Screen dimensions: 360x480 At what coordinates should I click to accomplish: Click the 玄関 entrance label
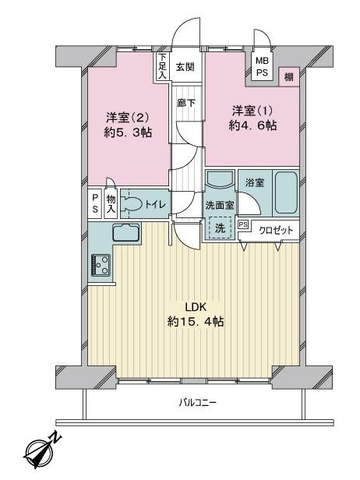click(185, 67)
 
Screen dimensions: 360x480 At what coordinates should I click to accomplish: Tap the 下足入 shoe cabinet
click(162, 66)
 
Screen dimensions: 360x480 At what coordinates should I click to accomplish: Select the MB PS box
click(262, 66)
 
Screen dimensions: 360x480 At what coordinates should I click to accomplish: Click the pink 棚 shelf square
click(288, 77)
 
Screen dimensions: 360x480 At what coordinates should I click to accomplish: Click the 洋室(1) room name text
click(252, 111)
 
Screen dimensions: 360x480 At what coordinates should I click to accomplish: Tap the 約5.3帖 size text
click(128, 132)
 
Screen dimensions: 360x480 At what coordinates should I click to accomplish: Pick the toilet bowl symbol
click(131, 203)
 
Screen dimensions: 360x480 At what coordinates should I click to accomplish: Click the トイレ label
click(155, 204)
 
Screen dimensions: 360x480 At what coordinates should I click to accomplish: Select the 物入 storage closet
click(111, 203)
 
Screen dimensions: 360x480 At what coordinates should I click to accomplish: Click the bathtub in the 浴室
click(286, 194)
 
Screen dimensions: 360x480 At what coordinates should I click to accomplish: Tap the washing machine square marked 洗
click(221, 228)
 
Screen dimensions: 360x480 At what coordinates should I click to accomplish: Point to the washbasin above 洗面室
click(219, 178)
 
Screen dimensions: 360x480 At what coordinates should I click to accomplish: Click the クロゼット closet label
click(276, 230)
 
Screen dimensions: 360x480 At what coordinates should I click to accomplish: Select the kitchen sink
click(126, 232)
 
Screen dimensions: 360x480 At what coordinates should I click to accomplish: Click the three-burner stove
click(101, 265)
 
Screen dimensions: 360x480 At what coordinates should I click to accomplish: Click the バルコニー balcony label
click(197, 402)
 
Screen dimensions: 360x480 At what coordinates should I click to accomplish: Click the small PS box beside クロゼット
click(243, 224)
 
